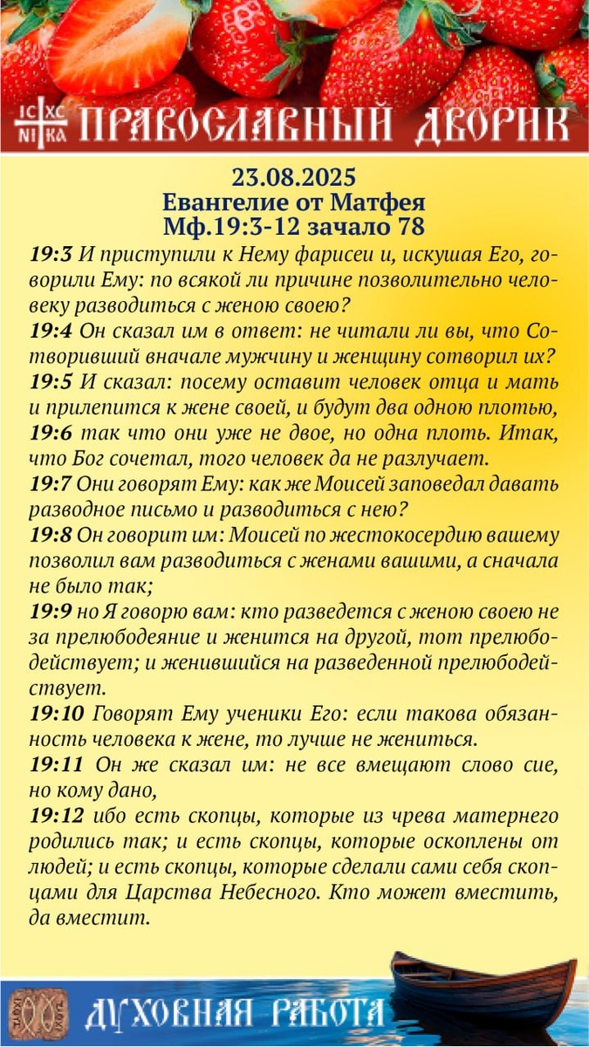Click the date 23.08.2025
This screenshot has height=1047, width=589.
click(x=294, y=178)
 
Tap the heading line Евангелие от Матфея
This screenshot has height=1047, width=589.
click(x=294, y=203)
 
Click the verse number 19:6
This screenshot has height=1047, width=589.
click(x=51, y=432)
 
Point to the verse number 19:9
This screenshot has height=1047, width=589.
click(x=50, y=613)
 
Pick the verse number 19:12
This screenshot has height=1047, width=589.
click(x=56, y=817)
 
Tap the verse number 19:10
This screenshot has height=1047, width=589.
click(x=56, y=714)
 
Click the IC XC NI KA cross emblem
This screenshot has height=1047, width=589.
click(x=41, y=126)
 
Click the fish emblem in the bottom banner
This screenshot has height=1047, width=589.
click(x=39, y=1012)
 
